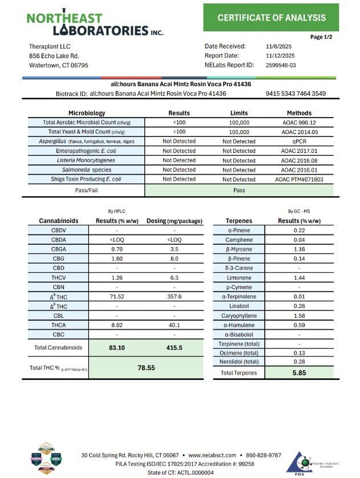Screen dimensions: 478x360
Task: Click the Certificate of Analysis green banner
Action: [272, 18]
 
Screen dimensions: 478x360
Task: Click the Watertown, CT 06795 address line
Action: [59, 65]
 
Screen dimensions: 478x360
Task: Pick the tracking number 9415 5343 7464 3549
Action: [296, 94]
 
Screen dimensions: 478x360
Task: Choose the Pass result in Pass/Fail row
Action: [238, 189]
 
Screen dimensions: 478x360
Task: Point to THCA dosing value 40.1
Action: [173, 325]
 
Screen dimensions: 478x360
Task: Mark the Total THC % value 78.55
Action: [147, 368]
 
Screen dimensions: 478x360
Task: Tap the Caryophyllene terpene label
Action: [243, 315]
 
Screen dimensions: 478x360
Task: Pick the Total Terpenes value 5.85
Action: [300, 372]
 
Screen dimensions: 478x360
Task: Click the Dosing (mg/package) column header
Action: [173, 221]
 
